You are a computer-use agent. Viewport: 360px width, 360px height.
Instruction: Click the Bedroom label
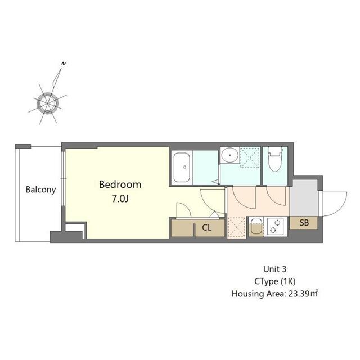click(x=120, y=184)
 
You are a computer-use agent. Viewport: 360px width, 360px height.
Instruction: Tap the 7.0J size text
click(x=120, y=199)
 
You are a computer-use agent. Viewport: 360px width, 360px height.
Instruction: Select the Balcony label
click(x=40, y=190)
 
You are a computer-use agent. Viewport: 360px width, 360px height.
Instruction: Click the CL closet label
click(x=206, y=227)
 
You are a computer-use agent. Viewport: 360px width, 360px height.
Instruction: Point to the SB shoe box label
click(x=304, y=223)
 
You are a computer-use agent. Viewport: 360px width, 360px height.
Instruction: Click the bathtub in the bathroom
click(x=182, y=167)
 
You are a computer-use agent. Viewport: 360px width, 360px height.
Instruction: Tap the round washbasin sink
click(x=230, y=155)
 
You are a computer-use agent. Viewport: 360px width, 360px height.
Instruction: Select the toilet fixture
click(x=275, y=159)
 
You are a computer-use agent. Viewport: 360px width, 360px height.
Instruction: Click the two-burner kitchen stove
click(x=275, y=226)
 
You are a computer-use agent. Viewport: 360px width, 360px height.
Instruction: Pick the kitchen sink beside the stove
click(x=256, y=226)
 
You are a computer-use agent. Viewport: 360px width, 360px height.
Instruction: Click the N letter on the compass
click(x=64, y=64)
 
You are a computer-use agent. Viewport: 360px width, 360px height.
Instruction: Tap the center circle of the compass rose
click(x=47, y=103)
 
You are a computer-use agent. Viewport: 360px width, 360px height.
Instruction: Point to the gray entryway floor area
click(x=304, y=198)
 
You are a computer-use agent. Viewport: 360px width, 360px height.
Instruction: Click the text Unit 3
click(x=275, y=269)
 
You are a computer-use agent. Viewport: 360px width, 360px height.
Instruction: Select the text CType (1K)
click(x=275, y=281)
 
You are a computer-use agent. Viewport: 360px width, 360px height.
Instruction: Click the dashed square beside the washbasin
click(x=250, y=157)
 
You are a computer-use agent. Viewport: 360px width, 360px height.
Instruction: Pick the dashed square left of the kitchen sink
click(x=237, y=227)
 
